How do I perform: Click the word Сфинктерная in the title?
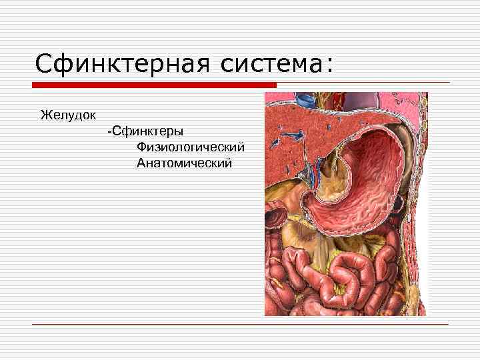[x=121, y=65]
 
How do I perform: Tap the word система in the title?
[x=267, y=65]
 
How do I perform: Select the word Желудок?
[x=68, y=115]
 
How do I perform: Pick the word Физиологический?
[x=191, y=147]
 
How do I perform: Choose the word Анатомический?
[x=185, y=163]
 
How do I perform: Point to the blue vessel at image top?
[x=306, y=101]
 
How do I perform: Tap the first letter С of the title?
[x=43, y=65]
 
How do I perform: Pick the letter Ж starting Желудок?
[x=45, y=115]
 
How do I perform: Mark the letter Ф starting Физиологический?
[x=141, y=147]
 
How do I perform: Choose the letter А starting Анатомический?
[x=141, y=163]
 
